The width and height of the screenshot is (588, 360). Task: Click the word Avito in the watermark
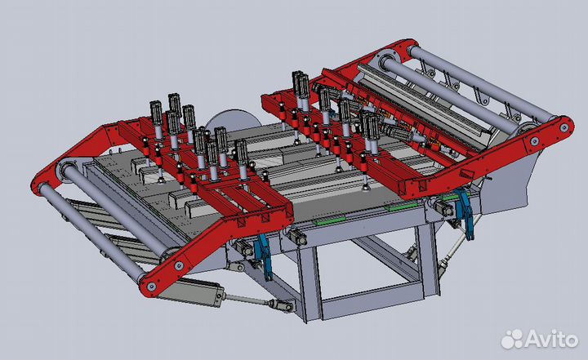pyautogui.click(x=551, y=339)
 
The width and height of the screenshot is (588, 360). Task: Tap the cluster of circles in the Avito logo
pyautogui.click(x=512, y=339)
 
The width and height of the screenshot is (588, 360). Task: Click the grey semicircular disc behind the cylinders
pyautogui.click(x=234, y=120)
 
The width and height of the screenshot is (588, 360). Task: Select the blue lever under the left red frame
pyautogui.click(x=263, y=256)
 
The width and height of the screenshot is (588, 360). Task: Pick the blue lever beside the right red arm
pyautogui.click(x=465, y=215)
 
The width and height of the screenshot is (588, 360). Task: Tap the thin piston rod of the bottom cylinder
pyautogui.click(x=246, y=300)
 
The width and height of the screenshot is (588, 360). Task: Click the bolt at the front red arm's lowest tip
pyautogui.click(x=152, y=287)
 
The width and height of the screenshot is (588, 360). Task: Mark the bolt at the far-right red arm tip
pyautogui.click(x=564, y=127)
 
